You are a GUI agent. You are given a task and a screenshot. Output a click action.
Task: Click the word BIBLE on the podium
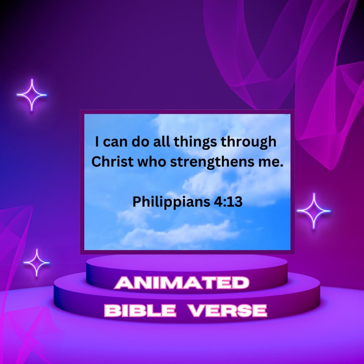click(140, 311)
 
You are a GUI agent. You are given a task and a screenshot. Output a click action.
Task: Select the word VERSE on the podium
click(228, 311)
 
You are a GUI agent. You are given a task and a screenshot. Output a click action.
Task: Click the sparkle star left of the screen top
click(32, 95)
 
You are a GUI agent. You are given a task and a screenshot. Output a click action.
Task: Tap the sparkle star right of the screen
click(314, 211)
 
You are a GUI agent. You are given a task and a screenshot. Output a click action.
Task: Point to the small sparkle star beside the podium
click(37, 263)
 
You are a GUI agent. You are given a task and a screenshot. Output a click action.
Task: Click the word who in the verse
click(148, 162)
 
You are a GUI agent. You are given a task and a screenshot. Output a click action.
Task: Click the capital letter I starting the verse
click(97, 142)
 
